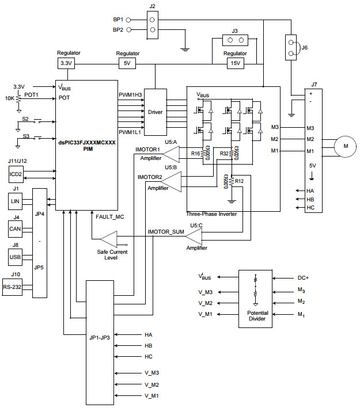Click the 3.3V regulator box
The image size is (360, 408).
[x=66, y=63]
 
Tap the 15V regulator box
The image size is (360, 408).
[x=235, y=63]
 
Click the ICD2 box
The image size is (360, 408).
[x=16, y=174]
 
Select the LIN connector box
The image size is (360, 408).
[x=16, y=201]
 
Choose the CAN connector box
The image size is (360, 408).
[x=16, y=228]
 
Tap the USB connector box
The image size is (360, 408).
[x=16, y=256]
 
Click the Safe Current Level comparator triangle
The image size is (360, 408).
[x=109, y=238]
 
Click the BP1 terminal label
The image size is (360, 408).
[x=118, y=18]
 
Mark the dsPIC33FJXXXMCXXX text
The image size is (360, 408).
[x=88, y=142]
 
